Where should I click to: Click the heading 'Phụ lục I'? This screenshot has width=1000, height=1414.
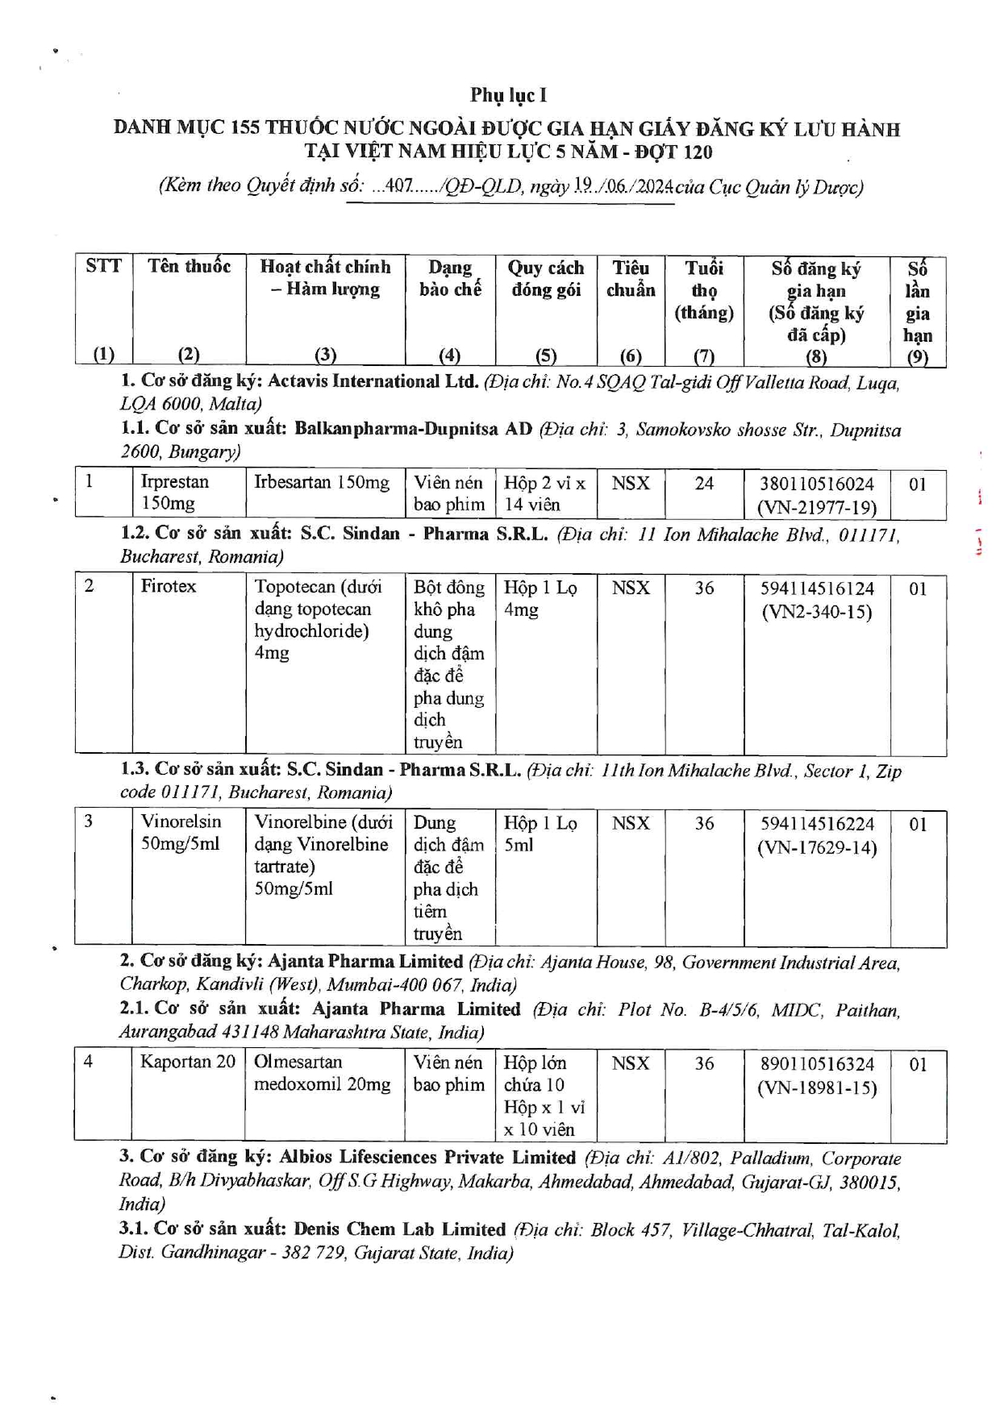pos(508,95)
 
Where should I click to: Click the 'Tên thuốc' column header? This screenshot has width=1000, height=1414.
pos(189,267)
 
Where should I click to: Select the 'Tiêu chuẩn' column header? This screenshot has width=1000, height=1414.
pos(630,279)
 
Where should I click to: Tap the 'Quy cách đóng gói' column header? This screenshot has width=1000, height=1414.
pos(545,279)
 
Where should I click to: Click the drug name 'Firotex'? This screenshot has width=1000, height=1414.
pos(168,586)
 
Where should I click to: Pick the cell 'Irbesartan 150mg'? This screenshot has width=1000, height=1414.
pos(322,483)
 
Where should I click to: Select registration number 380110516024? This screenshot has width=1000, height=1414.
pos(816,484)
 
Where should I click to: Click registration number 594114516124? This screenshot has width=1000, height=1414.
pos(816,588)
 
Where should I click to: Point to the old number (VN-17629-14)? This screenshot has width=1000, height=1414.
pos(816,847)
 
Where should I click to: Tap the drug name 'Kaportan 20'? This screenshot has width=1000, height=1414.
pos(187,1062)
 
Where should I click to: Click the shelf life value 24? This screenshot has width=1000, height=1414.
pos(704,484)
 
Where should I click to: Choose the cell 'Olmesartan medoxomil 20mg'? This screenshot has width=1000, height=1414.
pos(322,1073)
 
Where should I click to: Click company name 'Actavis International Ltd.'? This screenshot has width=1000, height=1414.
pos(373,381)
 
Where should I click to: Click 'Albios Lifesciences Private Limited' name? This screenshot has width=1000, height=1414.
pos(427,1158)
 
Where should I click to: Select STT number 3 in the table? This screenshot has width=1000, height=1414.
pos(89,821)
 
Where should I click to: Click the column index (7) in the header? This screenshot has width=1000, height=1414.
pos(704,356)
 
